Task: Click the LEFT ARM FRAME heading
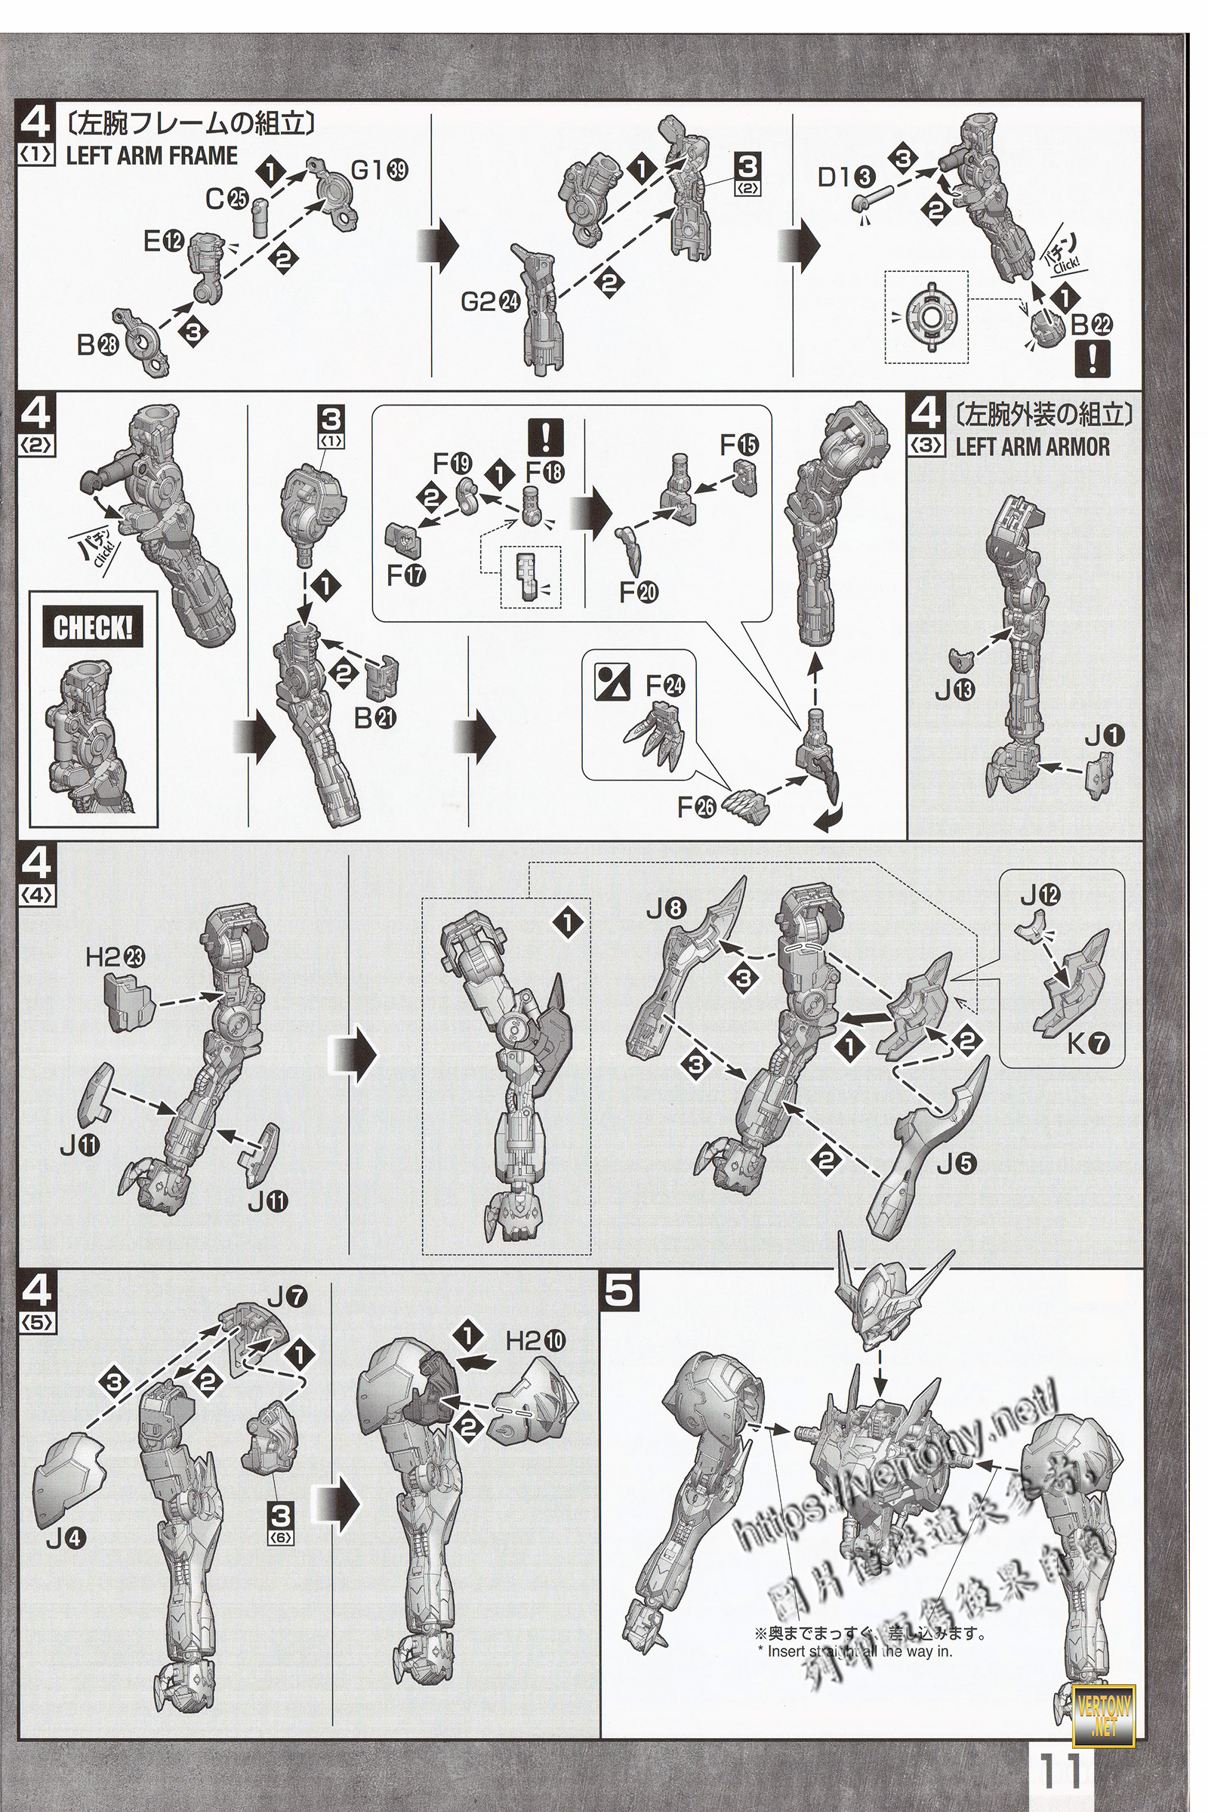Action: click(x=152, y=156)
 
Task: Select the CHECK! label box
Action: click(x=92, y=630)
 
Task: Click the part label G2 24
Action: click(x=489, y=302)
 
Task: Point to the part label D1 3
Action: click(x=845, y=178)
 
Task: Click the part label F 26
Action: click(x=697, y=807)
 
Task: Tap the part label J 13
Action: click(x=955, y=691)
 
